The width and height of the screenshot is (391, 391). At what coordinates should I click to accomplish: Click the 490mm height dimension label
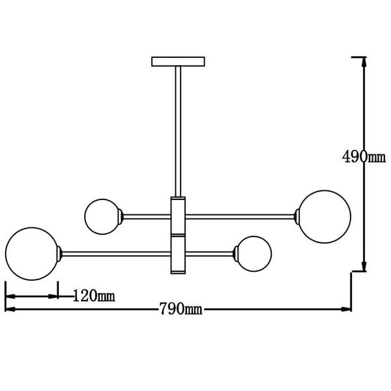(x=364, y=157)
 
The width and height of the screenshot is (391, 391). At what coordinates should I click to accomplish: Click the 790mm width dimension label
(x=181, y=309)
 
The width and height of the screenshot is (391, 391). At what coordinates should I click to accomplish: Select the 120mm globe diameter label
(x=94, y=296)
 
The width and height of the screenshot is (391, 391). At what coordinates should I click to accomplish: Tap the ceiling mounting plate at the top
(x=178, y=61)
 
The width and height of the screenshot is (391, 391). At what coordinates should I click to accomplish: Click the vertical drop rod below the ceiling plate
(x=178, y=130)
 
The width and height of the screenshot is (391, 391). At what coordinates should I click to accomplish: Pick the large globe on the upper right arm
(x=325, y=216)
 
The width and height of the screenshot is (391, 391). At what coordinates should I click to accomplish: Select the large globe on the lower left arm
(x=31, y=253)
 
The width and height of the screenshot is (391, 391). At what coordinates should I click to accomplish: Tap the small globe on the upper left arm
(x=102, y=216)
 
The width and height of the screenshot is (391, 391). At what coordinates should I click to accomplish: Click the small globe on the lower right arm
(x=254, y=253)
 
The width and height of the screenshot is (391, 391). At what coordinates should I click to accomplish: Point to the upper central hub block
(x=178, y=215)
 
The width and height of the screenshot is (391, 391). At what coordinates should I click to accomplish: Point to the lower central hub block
(x=178, y=253)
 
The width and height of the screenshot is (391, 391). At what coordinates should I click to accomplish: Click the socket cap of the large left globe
(x=60, y=253)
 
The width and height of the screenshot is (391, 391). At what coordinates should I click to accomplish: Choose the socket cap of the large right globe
(x=297, y=216)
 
